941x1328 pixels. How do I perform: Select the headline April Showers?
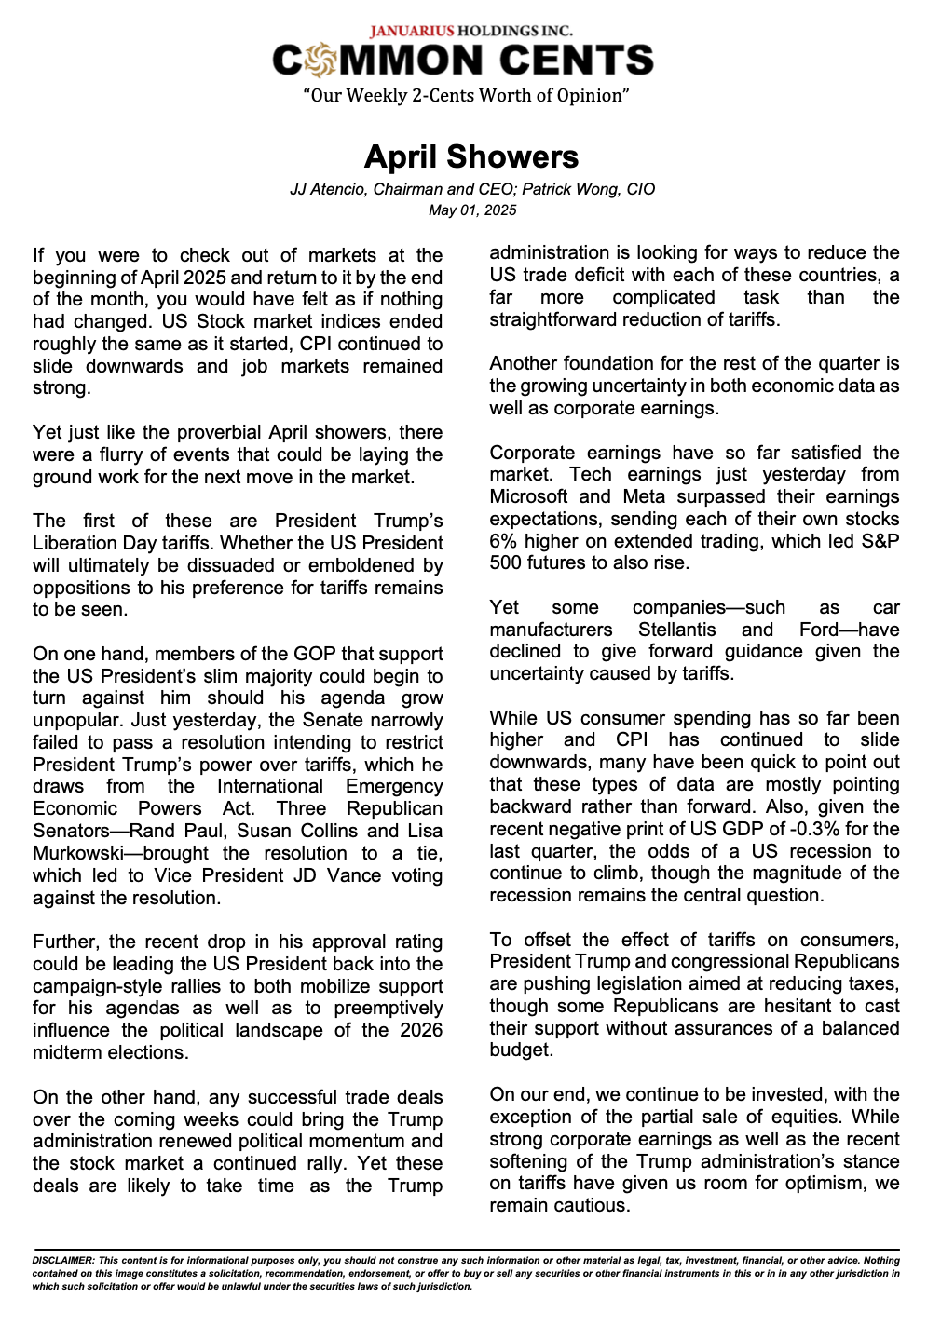tap(470, 156)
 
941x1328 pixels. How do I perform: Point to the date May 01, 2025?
tap(472, 210)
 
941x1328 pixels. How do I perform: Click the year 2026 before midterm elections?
tap(419, 1030)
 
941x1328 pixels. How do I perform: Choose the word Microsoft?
tap(528, 496)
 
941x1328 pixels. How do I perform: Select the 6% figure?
tap(504, 541)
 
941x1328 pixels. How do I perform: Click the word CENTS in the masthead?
tap(576, 61)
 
